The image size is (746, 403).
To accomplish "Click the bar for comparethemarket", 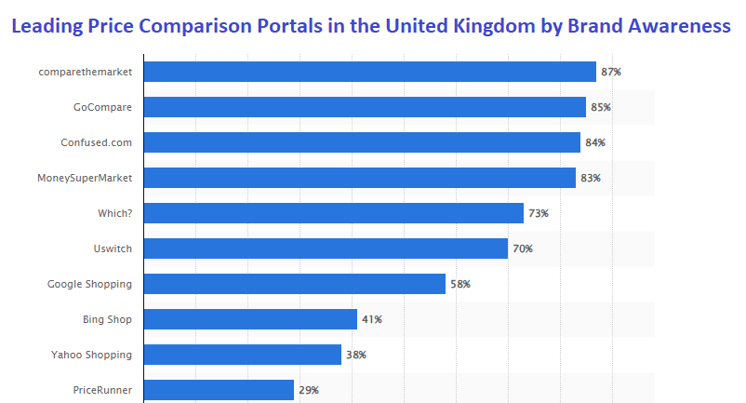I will [370, 72].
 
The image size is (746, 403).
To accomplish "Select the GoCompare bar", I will [365, 107].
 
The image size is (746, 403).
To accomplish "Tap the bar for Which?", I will [334, 213].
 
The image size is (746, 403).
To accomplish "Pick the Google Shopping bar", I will [295, 284].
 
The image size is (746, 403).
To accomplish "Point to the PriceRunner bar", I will [220, 390].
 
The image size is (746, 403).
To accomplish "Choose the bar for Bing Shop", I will [251, 319].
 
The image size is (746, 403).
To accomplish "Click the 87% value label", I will [611, 72].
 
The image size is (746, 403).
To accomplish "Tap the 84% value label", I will [595, 142].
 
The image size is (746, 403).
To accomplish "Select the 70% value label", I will [523, 249].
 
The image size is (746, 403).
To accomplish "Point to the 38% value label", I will [356, 355].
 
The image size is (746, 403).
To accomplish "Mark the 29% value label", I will [309, 390].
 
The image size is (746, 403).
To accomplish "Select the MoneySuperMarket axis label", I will [85, 178].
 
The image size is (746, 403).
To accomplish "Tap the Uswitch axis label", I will [111, 249].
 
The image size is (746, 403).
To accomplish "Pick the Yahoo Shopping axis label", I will [91, 355].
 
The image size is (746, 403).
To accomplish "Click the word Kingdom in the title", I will [503, 26].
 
